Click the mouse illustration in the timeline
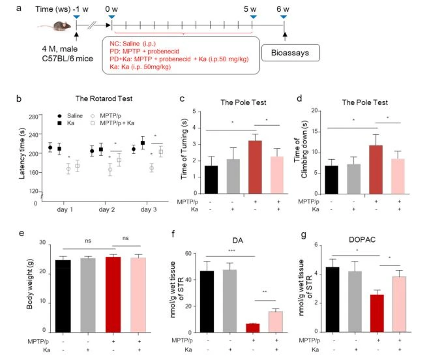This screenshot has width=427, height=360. pos(55,27)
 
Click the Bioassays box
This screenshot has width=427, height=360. pos(291,53)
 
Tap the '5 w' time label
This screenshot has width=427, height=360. pos(250,9)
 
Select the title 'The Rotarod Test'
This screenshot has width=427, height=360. pos(104,98)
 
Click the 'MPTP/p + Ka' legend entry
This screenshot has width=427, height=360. pos(113,123)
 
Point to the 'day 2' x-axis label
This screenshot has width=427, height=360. pos(107,209)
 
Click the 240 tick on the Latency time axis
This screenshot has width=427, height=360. pos(33,134)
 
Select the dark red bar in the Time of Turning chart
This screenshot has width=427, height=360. pos(255,167)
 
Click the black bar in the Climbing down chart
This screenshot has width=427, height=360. pos(331,180)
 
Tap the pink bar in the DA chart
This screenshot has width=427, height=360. pos(276,322)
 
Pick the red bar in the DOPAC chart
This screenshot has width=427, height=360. pos(377,314)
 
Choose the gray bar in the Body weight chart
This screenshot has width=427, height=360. pos(88,295)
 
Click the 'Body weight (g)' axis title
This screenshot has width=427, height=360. pos(29,284)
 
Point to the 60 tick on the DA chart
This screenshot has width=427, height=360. pos(188,254)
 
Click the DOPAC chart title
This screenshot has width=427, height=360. pos(362,240)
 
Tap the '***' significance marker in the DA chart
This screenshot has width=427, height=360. pos(231,250)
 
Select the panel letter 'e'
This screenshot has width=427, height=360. pos(22,233)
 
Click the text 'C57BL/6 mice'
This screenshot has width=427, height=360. pos(67,59)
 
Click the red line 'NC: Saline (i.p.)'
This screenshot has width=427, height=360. pos(132,44)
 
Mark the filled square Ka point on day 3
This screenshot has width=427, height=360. pos(143,143)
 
